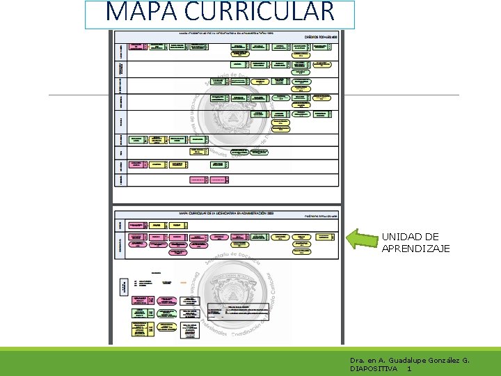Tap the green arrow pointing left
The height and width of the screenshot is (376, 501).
pyautogui.click(x=363, y=239)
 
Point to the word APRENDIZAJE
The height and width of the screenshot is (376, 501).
pyautogui.click(x=415, y=249)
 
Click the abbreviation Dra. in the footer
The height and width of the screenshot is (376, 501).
pyautogui.click(x=358, y=360)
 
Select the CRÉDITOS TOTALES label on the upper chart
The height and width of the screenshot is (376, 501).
pyautogui.click(x=319, y=38)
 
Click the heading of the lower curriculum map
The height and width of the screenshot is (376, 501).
pyautogui.click(x=223, y=213)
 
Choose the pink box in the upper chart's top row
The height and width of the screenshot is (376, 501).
pyautogui.click(x=136, y=46)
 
